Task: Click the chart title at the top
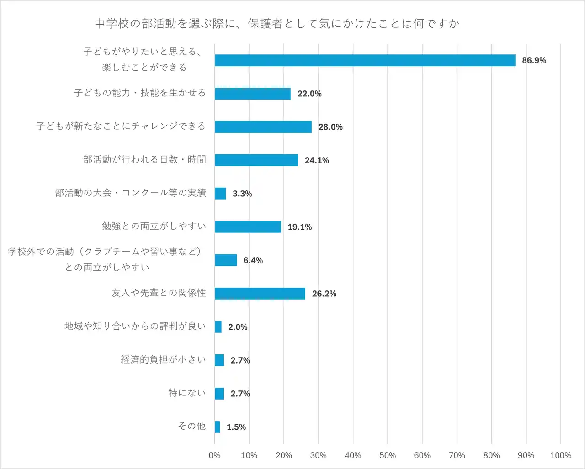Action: (x=277, y=24)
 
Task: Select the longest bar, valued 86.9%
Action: (x=365, y=60)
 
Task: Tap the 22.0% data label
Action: (x=309, y=94)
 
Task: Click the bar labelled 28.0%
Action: (x=263, y=127)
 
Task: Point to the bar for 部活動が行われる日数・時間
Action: (x=256, y=160)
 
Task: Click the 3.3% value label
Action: (x=242, y=194)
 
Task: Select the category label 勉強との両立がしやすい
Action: (x=154, y=226)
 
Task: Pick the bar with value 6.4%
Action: (x=226, y=260)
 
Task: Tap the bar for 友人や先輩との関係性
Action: (x=260, y=294)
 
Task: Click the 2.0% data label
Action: (x=238, y=327)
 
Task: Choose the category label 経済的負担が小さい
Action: (x=163, y=359)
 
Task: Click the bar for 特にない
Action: (x=219, y=394)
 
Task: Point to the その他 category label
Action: (x=191, y=426)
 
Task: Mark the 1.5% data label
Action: (x=236, y=427)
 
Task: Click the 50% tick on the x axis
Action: (x=388, y=455)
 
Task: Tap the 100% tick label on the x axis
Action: (x=561, y=455)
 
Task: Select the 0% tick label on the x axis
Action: (x=214, y=455)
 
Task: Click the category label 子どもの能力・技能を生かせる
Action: (x=140, y=93)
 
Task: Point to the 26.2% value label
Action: (x=324, y=294)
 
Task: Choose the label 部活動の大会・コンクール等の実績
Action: (x=131, y=193)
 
